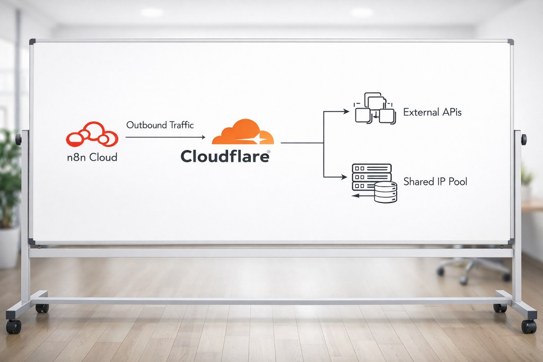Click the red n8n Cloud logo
pos(92,134)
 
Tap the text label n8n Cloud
pos(92,157)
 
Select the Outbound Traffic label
pos(160,125)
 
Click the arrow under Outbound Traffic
pos(165,137)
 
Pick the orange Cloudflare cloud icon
pos(243,132)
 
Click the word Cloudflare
pos(225,156)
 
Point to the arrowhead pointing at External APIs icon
pos(346,111)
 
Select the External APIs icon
pos(375,108)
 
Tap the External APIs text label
pos(433,112)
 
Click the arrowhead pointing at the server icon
pos(344,177)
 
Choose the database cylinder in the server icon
pos(386,192)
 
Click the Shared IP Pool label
pos(435,182)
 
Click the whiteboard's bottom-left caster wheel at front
pos(13,326)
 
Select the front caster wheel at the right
pos(529,326)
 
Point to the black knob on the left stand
pos(18,139)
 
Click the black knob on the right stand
pos(524,139)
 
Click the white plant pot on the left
pos(10,247)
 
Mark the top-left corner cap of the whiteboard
pos(32,41)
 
